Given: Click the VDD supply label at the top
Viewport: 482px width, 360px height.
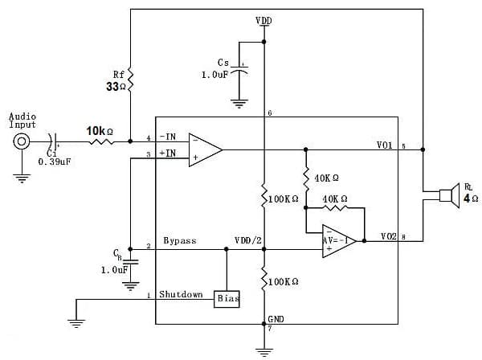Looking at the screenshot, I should pos(263,19).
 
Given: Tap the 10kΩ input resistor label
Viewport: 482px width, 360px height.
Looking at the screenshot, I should pos(100,130).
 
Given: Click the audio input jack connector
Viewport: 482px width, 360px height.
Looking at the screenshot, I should pos(22,142).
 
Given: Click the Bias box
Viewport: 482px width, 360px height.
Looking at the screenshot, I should pos(227,298).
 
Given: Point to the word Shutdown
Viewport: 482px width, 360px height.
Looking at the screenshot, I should pos(180,295).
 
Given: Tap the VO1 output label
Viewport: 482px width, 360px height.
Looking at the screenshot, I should pos(385,145).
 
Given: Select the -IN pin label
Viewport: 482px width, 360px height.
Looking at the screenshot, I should pos(167,137).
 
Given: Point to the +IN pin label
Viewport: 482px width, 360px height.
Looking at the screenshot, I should pos(167,153).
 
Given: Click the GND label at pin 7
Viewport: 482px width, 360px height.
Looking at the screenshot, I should pos(276,320).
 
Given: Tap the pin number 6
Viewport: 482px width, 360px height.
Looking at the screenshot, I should pos(270,113).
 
